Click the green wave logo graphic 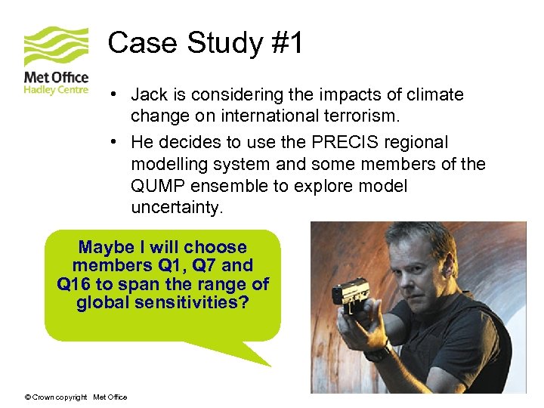(x=56, y=46)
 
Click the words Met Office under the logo (x=56, y=77)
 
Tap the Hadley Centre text (x=56, y=89)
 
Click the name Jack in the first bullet (x=148, y=95)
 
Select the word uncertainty (x=177, y=208)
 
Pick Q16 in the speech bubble (x=73, y=285)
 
